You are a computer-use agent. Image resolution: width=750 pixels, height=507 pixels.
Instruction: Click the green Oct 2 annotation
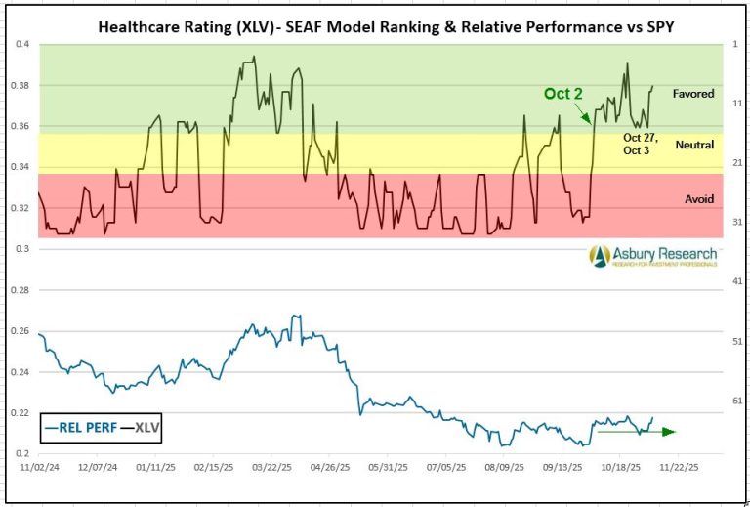563,94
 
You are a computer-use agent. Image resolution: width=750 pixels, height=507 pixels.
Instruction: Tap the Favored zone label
693,94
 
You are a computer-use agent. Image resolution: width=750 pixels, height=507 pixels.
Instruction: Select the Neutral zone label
694,145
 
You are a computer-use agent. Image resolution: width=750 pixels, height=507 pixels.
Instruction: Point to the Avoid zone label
699,199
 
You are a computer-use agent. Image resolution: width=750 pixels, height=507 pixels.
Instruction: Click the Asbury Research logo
653,256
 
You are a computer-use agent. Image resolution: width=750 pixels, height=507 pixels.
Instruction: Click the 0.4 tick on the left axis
21,44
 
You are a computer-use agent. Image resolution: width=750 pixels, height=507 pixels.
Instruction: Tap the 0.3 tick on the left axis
21,249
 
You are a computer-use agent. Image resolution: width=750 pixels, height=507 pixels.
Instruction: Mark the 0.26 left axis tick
20,331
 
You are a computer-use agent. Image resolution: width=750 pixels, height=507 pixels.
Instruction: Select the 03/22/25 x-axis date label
271,468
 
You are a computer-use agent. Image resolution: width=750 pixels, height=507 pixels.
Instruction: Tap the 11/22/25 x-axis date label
680,468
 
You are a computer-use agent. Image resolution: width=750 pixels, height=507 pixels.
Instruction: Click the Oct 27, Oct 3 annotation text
641,144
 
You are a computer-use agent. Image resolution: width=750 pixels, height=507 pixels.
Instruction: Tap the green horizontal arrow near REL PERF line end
636,431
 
